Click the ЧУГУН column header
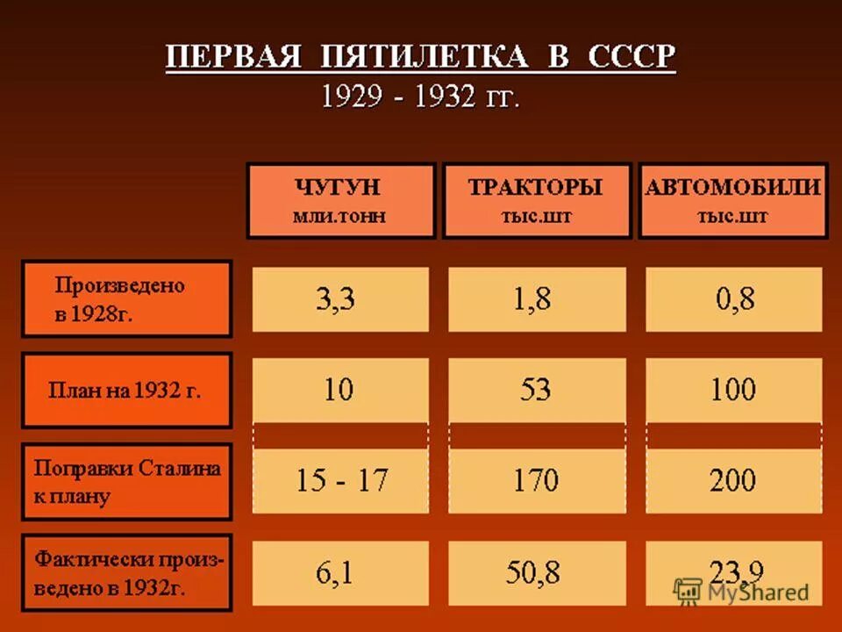point(340,200)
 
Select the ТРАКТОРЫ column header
point(536,200)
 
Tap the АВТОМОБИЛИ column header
point(732,200)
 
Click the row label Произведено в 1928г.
point(126,298)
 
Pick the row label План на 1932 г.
point(126,391)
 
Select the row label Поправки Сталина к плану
point(126,482)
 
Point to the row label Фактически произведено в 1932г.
point(126,572)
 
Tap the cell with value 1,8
point(536,299)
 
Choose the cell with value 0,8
point(733,299)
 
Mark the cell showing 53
point(536,389)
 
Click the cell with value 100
point(733,389)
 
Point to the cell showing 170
point(536,481)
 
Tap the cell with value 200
point(733,481)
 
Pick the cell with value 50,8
point(536,573)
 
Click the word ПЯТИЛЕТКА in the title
point(425,57)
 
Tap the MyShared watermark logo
point(741,591)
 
